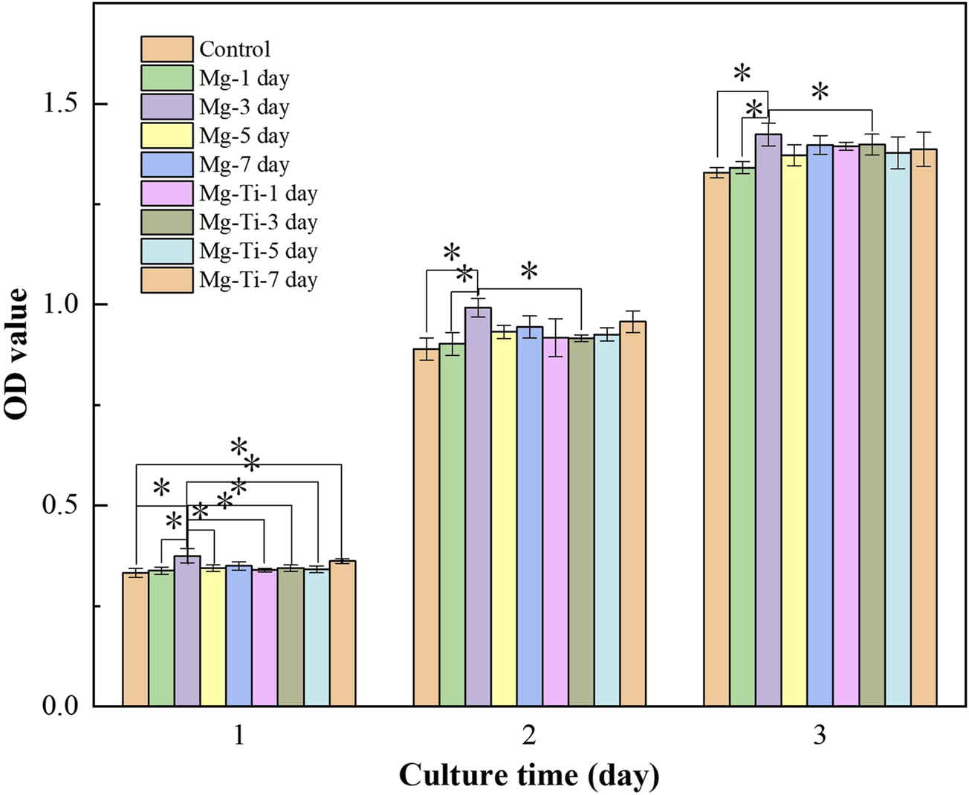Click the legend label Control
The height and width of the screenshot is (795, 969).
(x=235, y=50)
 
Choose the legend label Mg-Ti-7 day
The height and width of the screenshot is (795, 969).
(x=258, y=280)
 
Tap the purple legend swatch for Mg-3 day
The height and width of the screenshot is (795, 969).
(x=167, y=107)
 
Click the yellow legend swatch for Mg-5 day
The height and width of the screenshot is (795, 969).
(x=167, y=136)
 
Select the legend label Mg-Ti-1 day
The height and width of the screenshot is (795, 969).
(x=258, y=194)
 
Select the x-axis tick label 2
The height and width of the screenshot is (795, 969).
(x=529, y=736)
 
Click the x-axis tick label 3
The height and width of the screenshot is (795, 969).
(x=820, y=736)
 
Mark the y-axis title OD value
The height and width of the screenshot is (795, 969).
(x=17, y=354)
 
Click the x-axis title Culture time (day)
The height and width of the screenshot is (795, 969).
(x=529, y=776)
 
